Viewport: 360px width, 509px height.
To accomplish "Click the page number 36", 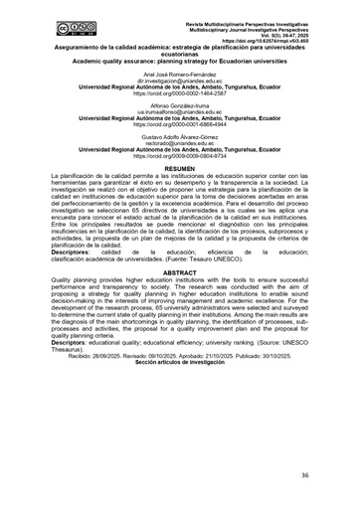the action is pyautogui.click(x=332, y=476).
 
